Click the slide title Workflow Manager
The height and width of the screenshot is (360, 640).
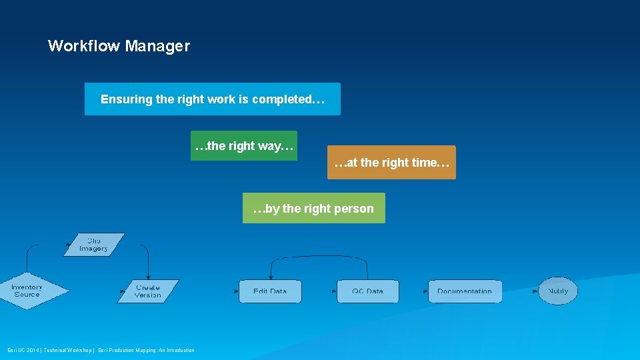(119, 46)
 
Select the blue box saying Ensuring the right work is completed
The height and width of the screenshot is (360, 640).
(212, 99)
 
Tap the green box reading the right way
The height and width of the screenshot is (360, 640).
(244, 145)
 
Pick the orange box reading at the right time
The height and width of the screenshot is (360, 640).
(391, 163)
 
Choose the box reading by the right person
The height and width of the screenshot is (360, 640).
(313, 208)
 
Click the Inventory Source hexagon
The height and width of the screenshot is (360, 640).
(28, 291)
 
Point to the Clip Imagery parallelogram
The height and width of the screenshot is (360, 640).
(94, 245)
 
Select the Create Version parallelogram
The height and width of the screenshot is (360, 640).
(148, 291)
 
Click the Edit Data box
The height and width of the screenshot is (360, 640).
(270, 291)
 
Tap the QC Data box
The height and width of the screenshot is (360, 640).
(368, 291)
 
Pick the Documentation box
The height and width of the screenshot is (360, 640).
(465, 291)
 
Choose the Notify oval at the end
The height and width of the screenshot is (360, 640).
(558, 291)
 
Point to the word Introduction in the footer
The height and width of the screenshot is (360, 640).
(180, 350)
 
